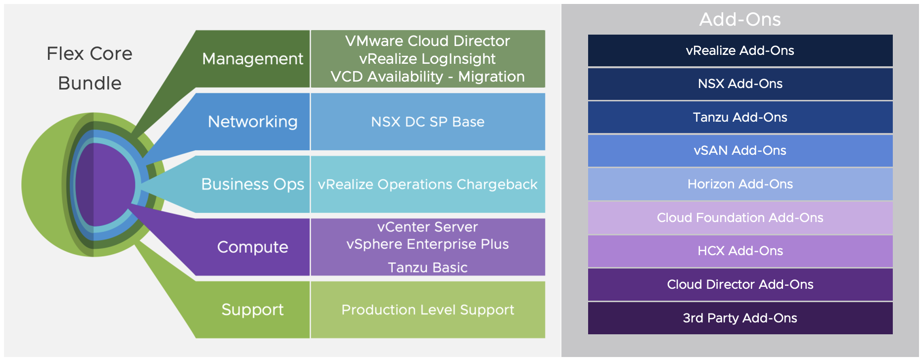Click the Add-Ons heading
pyautogui.click(x=739, y=20)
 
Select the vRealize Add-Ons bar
pyautogui.click(x=740, y=50)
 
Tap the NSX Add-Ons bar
pyautogui.click(x=740, y=84)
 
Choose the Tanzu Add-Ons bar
pyautogui.click(x=740, y=117)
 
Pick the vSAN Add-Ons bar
pyautogui.click(x=740, y=150)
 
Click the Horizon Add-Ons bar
pyautogui.click(x=740, y=184)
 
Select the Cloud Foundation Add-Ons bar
pyautogui.click(x=740, y=218)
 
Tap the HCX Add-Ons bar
pyautogui.click(x=740, y=251)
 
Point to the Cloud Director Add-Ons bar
pyautogui.click(x=740, y=284)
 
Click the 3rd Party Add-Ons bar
pyautogui.click(x=740, y=318)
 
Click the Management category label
pyautogui.click(x=252, y=59)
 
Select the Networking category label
pyautogui.click(x=252, y=122)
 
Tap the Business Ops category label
pyautogui.click(x=252, y=184)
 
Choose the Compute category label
pyautogui.click(x=252, y=247)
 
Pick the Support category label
pyautogui.click(x=252, y=310)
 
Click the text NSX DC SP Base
pyautogui.click(x=427, y=122)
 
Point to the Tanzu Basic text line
pyautogui.click(x=427, y=268)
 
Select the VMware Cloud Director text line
pyautogui.click(x=427, y=41)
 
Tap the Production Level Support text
pyautogui.click(x=427, y=310)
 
